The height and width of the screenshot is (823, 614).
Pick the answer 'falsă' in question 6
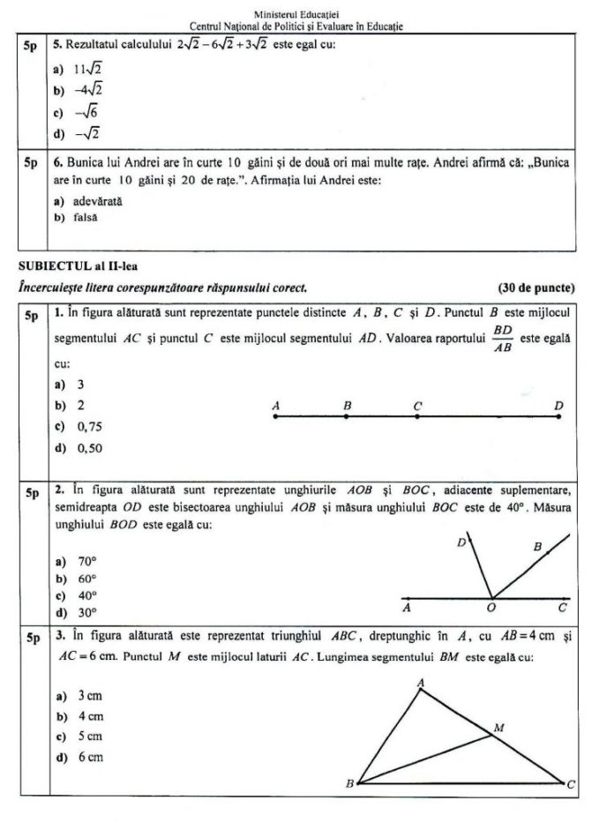click(x=86, y=217)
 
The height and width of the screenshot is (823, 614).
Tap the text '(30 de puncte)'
click(x=535, y=288)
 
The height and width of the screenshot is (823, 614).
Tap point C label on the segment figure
click(x=417, y=405)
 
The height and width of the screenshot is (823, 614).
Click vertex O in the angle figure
click(x=491, y=598)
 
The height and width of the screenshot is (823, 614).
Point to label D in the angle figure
click(x=460, y=544)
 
